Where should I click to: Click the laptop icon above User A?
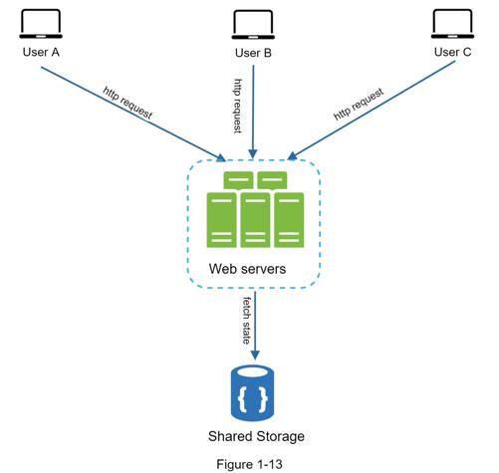[x=41, y=24]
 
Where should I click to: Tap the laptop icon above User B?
[x=253, y=25]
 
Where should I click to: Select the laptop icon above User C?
[x=452, y=24]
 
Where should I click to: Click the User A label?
[x=41, y=52]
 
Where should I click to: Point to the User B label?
[x=253, y=53]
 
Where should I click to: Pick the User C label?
[x=452, y=52]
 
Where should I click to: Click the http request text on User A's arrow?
[x=127, y=104]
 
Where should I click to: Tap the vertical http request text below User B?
[x=238, y=106]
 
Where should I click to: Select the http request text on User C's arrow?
[x=359, y=104]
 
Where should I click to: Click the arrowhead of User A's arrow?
[x=221, y=157]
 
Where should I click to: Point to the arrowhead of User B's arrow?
[x=253, y=153]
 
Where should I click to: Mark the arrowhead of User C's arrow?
[x=292, y=156]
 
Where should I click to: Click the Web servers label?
[x=247, y=269]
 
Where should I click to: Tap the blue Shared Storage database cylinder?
[x=252, y=392]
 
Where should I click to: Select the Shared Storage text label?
[x=256, y=436]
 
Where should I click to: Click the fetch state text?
[x=246, y=321]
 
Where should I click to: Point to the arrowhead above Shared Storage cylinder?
[x=255, y=355]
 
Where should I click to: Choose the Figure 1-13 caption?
[x=249, y=464]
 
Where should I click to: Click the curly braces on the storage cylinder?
[x=253, y=398]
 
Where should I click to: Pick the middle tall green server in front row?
[x=255, y=220]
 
